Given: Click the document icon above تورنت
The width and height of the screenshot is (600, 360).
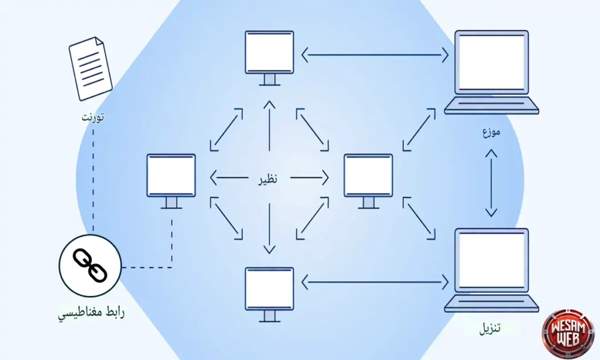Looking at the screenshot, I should click(x=91, y=69).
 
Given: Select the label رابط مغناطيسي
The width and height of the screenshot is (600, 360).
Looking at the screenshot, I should click(x=91, y=312).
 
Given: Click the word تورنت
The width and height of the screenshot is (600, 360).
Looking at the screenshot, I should click(x=93, y=116).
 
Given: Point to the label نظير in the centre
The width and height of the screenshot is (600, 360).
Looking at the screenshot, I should click(x=268, y=178).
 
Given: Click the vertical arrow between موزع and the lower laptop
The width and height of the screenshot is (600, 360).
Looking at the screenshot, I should click(x=491, y=183).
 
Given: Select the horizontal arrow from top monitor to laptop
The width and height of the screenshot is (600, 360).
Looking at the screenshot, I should click(x=375, y=56).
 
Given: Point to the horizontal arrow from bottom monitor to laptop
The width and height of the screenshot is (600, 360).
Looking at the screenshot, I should click(x=375, y=283).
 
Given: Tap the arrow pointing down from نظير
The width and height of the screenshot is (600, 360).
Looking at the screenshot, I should click(x=269, y=229).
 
